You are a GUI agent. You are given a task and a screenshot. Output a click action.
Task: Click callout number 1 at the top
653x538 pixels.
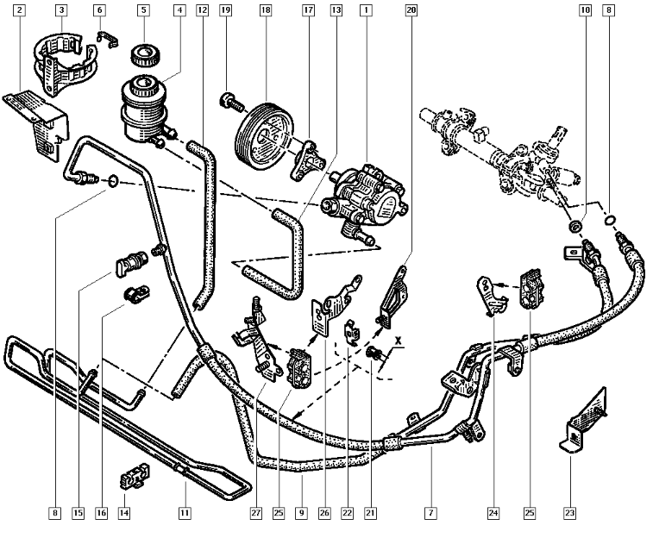click(367, 12)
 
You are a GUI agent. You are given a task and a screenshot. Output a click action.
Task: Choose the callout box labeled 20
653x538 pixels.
click(411, 12)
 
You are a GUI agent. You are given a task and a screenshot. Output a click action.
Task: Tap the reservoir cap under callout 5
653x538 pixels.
click(141, 58)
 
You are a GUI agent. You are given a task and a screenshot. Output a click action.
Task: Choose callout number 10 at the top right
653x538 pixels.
click(584, 12)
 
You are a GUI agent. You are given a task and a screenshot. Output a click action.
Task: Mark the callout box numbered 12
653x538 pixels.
click(201, 12)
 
